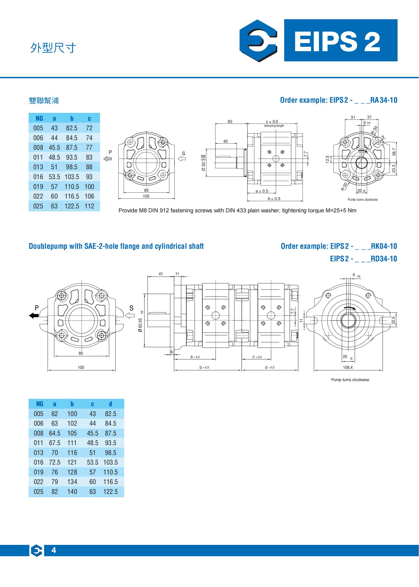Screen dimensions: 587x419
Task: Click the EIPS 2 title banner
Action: [x=340, y=40]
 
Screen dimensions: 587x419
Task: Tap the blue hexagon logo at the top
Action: [x=258, y=40]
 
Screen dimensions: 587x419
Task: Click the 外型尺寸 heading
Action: [x=53, y=48]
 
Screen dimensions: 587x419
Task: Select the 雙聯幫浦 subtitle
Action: [x=44, y=101]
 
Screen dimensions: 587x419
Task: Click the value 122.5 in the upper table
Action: [x=72, y=206]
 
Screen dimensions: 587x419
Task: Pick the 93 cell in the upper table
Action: [x=89, y=177]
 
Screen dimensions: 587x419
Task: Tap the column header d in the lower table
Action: [x=110, y=404]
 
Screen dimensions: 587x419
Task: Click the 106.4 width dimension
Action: [x=348, y=367]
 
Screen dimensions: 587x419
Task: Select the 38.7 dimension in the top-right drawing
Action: [x=394, y=152]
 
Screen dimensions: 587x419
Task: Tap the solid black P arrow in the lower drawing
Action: [x=34, y=315]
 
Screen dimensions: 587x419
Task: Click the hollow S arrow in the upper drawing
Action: [x=182, y=159]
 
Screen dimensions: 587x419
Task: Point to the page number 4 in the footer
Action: [x=54, y=550]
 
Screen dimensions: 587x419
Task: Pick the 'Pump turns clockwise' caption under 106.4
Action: [x=350, y=380]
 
